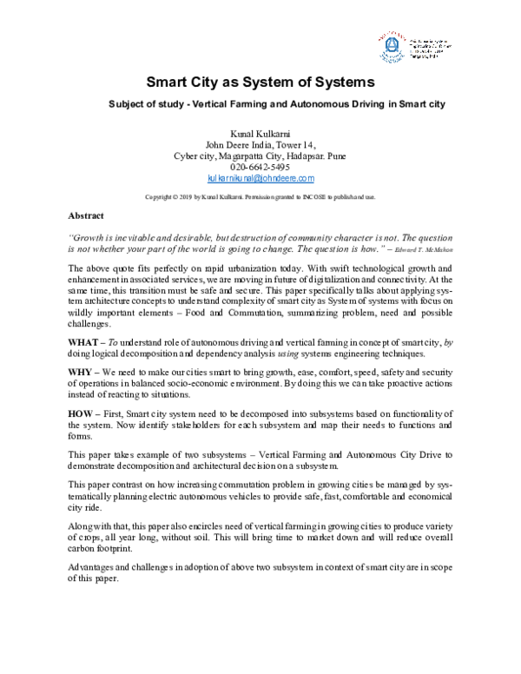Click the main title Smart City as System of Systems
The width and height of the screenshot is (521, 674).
pyautogui.click(x=260, y=83)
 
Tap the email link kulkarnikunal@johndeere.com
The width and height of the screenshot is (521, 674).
pyautogui.click(x=260, y=178)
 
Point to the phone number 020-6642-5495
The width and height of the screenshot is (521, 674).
pyautogui.click(x=260, y=167)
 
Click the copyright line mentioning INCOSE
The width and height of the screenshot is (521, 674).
pyautogui.click(x=260, y=197)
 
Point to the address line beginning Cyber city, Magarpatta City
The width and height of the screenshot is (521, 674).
pyautogui.click(x=260, y=155)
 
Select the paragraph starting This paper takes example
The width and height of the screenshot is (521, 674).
pyautogui.click(x=260, y=459)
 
